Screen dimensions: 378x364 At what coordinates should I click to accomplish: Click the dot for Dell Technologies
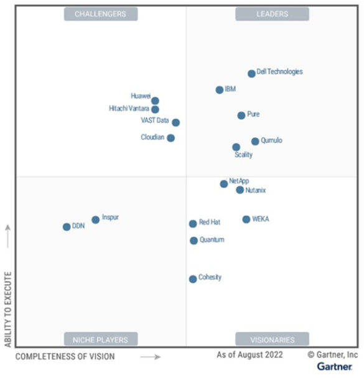point(251,74)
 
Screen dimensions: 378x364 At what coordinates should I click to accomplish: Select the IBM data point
point(219,90)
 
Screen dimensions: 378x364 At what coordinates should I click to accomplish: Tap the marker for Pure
point(241,115)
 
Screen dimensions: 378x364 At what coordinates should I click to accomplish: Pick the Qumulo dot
point(255,142)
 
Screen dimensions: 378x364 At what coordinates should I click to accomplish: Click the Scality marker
point(236,147)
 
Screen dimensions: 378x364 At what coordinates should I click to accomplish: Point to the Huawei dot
point(155,100)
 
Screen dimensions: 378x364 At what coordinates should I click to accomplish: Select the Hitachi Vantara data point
point(155,109)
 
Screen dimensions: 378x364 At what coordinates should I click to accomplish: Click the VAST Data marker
point(175,122)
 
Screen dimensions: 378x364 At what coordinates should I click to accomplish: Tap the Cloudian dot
point(170,138)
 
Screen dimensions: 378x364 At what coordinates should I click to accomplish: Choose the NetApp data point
point(223,183)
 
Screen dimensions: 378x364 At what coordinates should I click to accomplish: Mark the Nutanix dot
point(240,190)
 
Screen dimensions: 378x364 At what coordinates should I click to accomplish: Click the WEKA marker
point(246,220)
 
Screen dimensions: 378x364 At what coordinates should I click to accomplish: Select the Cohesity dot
point(193,279)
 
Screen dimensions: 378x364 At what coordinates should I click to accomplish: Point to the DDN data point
point(67,227)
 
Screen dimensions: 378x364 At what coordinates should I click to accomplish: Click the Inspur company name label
point(110,218)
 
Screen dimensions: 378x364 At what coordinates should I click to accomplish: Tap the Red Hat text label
point(210,223)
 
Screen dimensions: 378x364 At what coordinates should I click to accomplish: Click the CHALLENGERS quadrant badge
point(100,14)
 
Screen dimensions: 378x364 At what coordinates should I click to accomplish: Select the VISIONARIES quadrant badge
point(272,339)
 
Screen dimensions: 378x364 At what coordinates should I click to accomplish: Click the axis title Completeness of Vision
point(65,357)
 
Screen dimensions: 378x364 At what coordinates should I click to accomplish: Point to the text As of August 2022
point(250,354)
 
